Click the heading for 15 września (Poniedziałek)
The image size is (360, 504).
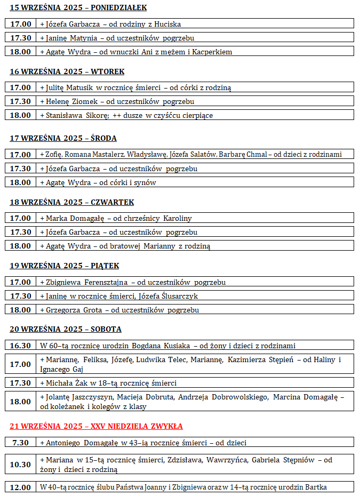point(78,7)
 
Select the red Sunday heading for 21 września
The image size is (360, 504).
point(96,426)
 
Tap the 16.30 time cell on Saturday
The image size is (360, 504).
point(21,346)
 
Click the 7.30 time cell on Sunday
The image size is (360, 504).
point(21,443)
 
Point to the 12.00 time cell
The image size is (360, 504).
point(21,487)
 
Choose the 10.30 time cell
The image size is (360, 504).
point(21,465)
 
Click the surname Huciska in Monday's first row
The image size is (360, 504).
point(166,24)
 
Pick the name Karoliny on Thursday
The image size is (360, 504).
point(178,218)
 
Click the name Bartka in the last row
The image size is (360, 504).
point(315,487)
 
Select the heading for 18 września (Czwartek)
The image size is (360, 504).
point(72,202)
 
